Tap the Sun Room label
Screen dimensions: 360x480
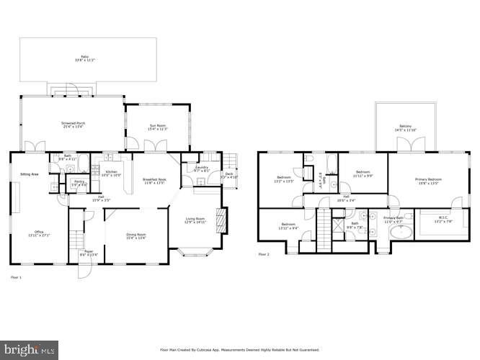(158, 127)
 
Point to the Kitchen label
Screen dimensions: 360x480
(112, 173)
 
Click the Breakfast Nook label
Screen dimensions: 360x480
(154, 181)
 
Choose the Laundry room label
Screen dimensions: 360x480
(202, 168)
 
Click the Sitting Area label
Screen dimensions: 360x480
(29, 174)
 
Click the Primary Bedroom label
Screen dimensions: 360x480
(429, 180)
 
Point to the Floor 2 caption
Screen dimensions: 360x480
(264, 253)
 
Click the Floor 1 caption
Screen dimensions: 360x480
(16, 276)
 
